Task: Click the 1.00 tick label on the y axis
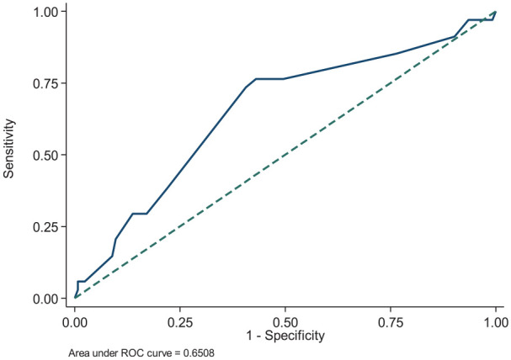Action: pyautogui.click(x=45, y=12)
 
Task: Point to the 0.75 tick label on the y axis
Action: pyautogui.click(x=45, y=83)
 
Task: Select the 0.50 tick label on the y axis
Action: pyautogui.click(x=45, y=155)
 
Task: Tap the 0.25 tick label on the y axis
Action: pyautogui.click(x=45, y=227)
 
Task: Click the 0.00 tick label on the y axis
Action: pyautogui.click(x=45, y=299)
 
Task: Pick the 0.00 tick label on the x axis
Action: pyautogui.click(x=75, y=322)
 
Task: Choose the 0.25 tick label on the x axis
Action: pyautogui.click(x=180, y=322)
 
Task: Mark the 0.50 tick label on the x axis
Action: pyautogui.click(x=285, y=322)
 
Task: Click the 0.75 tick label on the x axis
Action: pyautogui.click(x=391, y=322)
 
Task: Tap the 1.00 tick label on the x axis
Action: pyautogui.click(x=496, y=322)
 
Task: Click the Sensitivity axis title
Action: pyautogui.click(x=9, y=148)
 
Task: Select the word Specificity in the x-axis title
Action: pyautogui.click(x=295, y=336)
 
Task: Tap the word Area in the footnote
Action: pyautogui.click(x=77, y=352)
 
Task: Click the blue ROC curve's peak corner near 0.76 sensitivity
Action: pyautogui.click(x=256, y=79)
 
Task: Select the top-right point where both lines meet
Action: pyautogui.click(x=496, y=12)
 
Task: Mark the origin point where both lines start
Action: pyautogui.click(x=75, y=298)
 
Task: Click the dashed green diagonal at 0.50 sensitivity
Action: pyautogui.click(x=285, y=155)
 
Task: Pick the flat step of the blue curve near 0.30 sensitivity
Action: pyautogui.click(x=140, y=214)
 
